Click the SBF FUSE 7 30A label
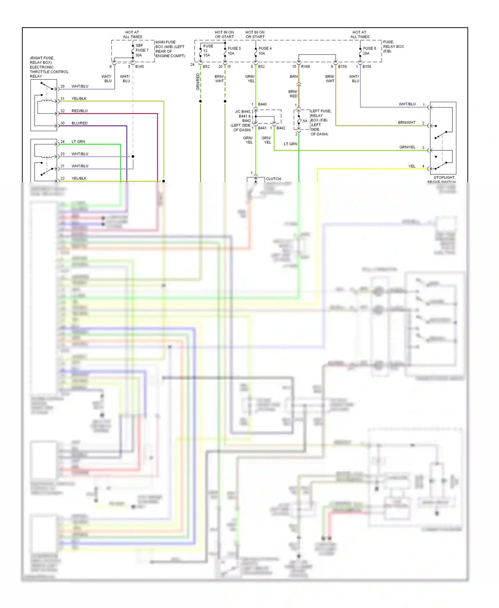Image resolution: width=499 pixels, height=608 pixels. coord(142,50)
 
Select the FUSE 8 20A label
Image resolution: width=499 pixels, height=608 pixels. coord(369,51)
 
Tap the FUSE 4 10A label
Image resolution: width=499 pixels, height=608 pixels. coord(265,51)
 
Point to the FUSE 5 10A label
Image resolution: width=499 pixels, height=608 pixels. coord(234,51)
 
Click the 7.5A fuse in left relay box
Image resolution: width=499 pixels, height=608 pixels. coord(304,121)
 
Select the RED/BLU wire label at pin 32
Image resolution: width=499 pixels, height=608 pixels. coord(80,111)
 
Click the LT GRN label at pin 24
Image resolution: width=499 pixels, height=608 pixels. coord(78,142)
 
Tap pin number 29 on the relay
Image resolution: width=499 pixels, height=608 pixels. coord(63,86)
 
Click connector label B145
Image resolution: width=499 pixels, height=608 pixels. coord(139,67)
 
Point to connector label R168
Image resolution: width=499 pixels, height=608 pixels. coord(305,67)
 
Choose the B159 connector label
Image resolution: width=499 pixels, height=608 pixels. coord(342,67)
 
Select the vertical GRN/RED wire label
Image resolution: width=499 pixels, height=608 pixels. coord(198,82)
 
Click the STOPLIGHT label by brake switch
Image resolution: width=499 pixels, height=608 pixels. coord(444,178)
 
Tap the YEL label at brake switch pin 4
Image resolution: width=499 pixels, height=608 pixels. coord(412,166)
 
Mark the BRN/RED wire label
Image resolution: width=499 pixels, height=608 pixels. coord(293,94)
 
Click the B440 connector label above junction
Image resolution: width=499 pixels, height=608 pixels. coord(262,104)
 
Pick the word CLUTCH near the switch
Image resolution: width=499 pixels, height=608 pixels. coord(273,179)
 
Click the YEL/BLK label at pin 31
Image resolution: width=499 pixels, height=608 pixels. coord(79,98)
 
